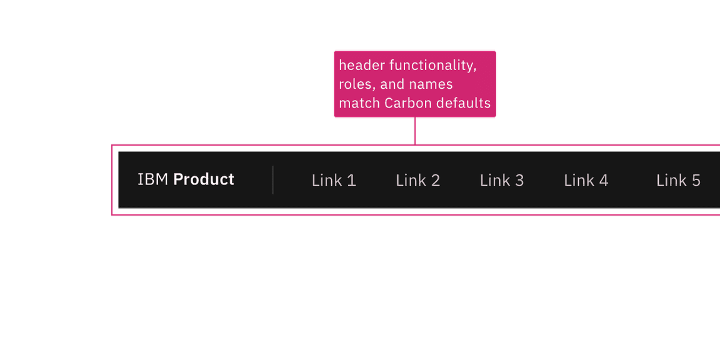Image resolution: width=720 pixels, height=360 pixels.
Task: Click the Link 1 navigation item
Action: (x=334, y=181)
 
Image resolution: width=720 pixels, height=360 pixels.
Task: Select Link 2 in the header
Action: (x=417, y=181)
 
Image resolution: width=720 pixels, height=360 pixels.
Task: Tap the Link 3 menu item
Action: (x=501, y=181)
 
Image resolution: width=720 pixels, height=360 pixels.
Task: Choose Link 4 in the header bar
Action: (x=586, y=181)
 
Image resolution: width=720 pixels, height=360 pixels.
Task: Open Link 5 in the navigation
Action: (x=678, y=181)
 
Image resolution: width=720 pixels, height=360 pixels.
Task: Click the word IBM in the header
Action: (x=152, y=179)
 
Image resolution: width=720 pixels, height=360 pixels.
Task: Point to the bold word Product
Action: (x=204, y=179)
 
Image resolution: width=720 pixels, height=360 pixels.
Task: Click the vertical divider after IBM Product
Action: (x=272, y=180)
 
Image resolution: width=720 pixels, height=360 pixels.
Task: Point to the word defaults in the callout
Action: (x=461, y=103)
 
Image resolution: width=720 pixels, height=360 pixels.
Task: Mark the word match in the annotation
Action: (x=359, y=103)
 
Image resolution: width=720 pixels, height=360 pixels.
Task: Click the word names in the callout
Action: (x=431, y=84)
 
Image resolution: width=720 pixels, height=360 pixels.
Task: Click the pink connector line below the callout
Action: (x=414, y=131)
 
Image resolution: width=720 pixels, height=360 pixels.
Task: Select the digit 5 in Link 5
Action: (x=696, y=181)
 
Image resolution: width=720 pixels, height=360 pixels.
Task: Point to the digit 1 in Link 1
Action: (x=351, y=181)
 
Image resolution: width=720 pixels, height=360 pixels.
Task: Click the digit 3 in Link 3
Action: (x=519, y=181)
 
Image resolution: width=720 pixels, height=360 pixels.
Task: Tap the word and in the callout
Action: (x=392, y=84)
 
